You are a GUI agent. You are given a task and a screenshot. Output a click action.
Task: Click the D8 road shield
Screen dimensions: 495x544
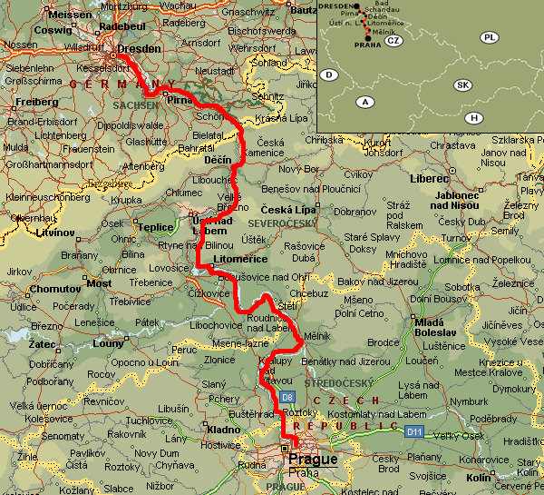click(x=287, y=397)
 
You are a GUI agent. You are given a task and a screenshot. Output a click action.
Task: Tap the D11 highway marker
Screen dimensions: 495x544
click(x=414, y=431)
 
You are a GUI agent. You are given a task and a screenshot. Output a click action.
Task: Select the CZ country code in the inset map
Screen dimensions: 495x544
click(x=393, y=41)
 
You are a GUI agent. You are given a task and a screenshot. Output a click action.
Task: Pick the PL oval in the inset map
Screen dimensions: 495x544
click(x=491, y=37)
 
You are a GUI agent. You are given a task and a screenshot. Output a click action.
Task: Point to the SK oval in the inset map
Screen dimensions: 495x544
click(x=462, y=84)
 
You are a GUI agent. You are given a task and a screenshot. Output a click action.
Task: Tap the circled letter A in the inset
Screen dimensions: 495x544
click(x=365, y=101)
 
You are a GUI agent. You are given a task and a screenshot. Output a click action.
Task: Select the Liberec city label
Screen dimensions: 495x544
click(x=430, y=179)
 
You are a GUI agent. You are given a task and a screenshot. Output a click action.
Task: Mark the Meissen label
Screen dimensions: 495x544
click(x=70, y=15)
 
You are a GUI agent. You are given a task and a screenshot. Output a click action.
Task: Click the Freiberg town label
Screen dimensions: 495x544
click(x=37, y=102)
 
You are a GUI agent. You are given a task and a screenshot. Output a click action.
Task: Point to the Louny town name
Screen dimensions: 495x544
click(x=108, y=343)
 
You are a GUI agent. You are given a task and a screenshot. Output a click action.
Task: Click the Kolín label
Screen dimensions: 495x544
click(x=477, y=478)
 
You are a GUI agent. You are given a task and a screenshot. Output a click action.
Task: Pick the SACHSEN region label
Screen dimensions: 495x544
click(x=135, y=105)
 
